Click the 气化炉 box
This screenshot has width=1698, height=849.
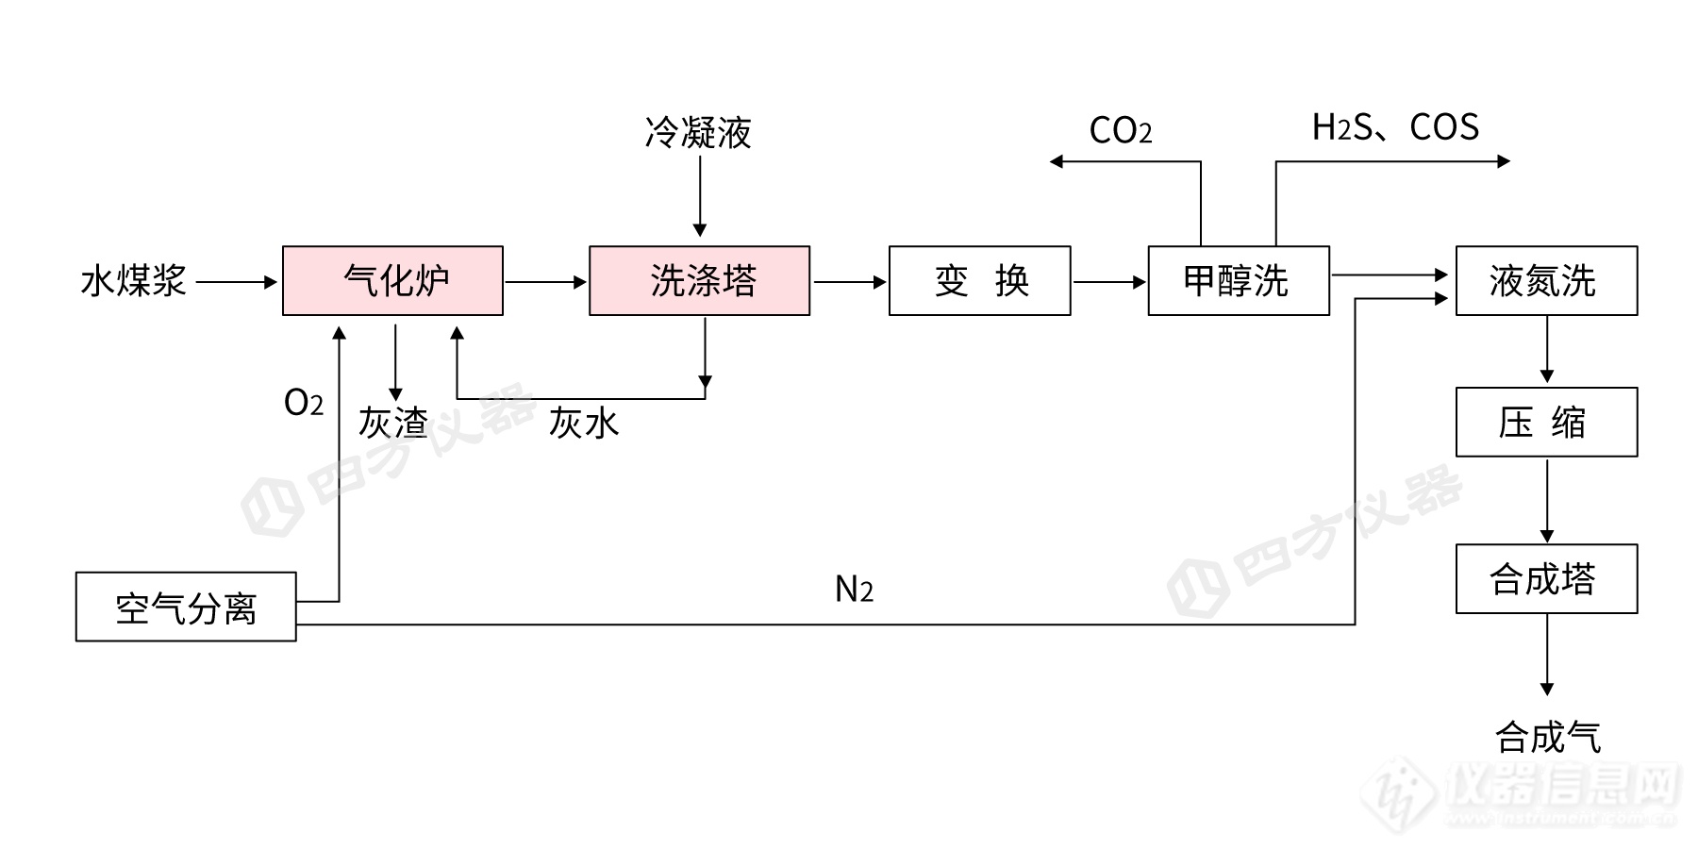click(x=392, y=281)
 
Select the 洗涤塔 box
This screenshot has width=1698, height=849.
click(x=699, y=281)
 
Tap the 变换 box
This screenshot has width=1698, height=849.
click(x=979, y=281)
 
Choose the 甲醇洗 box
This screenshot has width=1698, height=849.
click(x=1238, y=281)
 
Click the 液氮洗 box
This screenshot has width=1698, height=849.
click(x=1546, y=281)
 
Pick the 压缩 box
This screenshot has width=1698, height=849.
click(x=1546, y=422)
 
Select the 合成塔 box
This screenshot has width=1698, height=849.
click(x=1546, y=578)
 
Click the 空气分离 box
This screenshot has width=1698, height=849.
click(x=186, y=607)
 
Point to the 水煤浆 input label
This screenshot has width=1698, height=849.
click(x=133, y=281)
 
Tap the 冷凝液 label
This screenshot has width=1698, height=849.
click(x=698, y=133)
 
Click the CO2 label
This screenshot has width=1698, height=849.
click(x=1120, y=131)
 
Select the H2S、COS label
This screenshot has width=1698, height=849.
click(x=1394, y=127)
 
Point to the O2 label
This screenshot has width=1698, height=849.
click(x=303, y=404)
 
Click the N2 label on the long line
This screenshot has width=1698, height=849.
click(x=854, y=590)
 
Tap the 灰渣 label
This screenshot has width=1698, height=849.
click(x=392, y=423)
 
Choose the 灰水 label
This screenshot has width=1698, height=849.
click(x=584, y=423)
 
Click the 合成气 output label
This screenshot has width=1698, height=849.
click(x=1547, y=737)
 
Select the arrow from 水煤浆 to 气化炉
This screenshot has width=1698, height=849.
click(x=237, y=282)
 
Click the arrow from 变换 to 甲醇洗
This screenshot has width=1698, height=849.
click(x=1109, y=282)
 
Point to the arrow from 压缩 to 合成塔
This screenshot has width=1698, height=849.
click(x=1547, y=500)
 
